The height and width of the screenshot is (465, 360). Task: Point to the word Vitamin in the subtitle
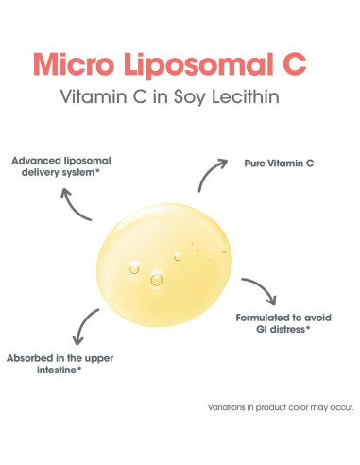point(91,98)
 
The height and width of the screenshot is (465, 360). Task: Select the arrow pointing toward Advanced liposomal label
point(75,203)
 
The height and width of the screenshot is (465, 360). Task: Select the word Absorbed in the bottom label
point(35,359)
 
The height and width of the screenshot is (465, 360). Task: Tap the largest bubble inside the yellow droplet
point(156,279)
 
